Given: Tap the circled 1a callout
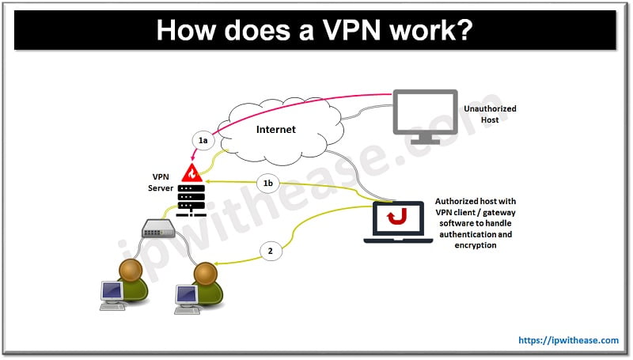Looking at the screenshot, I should coord(203,140).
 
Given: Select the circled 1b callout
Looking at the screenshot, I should coord(268,184).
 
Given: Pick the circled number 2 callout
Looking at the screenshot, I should coord(271,251).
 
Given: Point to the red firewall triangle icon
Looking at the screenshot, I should coord(191,172).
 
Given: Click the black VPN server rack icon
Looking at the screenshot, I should coord(191,199).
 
